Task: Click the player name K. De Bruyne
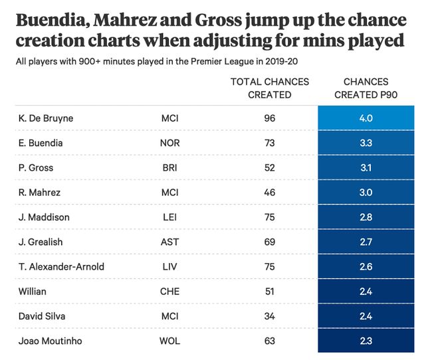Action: (x=46, y=119)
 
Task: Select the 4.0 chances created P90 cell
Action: (x=366, y=119)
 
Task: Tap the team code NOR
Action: (x=170, y=143)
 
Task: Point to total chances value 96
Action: (x=269, y=119)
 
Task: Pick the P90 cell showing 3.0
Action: (x=366, y=193)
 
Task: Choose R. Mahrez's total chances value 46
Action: (x=269, y=193)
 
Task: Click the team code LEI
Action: (x=170, y=217)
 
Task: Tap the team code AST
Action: (x=170, y=242)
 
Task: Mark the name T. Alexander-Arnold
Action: (x=62, y=266)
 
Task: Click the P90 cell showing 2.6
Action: (x=366, y=266)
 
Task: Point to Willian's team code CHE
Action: (x=170, y=291)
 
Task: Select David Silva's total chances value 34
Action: (x=269, y=315)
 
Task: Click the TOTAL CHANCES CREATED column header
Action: (x=269, y=88)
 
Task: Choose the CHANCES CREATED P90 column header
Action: (x=366, y=88)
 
